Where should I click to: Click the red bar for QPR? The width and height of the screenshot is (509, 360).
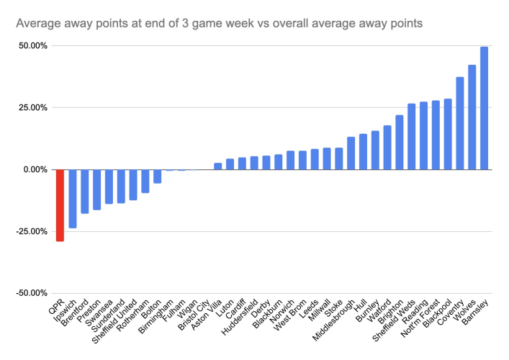click(x=60, y=205)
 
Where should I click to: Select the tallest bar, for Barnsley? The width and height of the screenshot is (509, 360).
click(x=484, y=108)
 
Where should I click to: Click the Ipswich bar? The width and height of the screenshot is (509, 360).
click(x=72, y=199)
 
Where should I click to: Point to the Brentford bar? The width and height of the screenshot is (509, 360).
click(x=84, y=192)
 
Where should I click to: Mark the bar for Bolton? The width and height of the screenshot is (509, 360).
click(x=157, y=176)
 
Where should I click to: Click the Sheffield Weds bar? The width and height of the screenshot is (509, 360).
click(x=411, y=137)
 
